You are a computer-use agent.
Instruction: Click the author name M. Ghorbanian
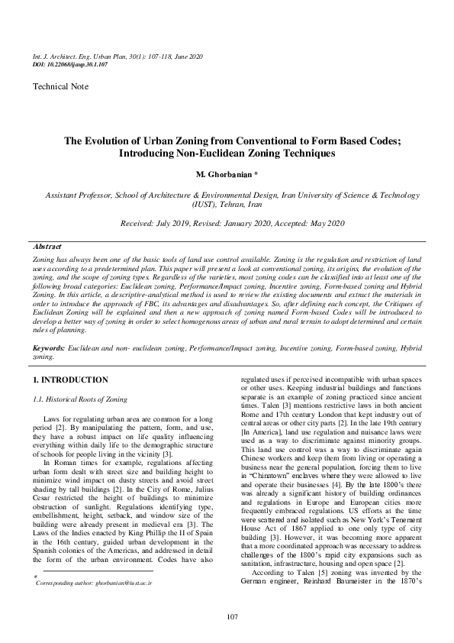pos(224,175)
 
